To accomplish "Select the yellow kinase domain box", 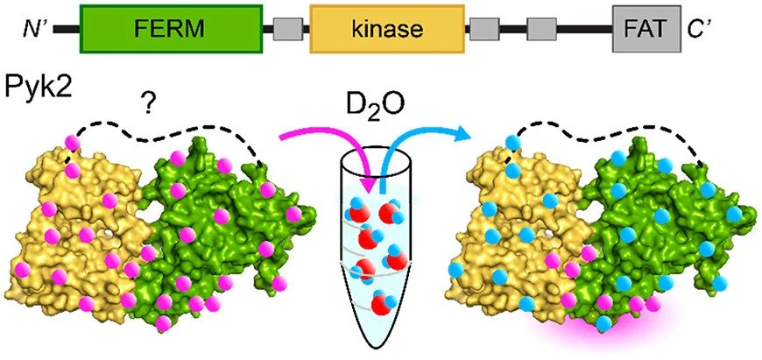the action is coord(386,30).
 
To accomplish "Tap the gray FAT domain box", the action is coord(646,30).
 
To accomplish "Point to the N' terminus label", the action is coord(33,30).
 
